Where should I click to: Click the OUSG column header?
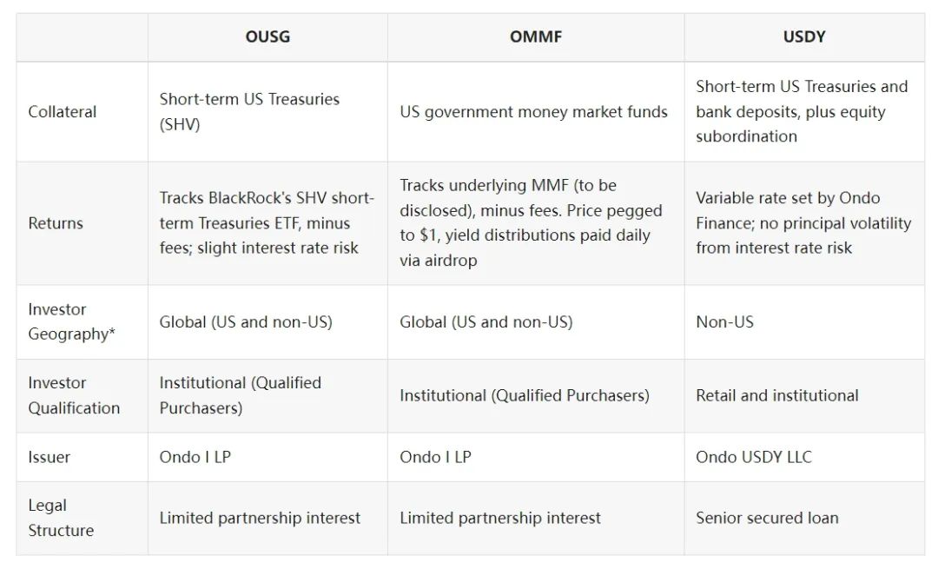coord(268,36)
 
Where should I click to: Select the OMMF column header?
coord(535,36)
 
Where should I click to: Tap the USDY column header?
coord(803,36)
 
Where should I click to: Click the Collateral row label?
coord(63,112)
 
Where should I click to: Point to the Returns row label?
coord(56,223)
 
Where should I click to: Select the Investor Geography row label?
coord(70,321)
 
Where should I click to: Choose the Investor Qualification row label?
coord(74,395)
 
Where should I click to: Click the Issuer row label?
coord(50,457)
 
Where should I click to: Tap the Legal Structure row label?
coord(61,518)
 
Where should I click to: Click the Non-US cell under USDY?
coord(724,322)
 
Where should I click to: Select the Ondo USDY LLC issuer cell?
coord(753,457)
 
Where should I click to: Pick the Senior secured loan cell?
coord(767,519)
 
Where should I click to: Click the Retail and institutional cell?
coord(776,396)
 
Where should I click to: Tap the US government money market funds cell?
coord(533,112)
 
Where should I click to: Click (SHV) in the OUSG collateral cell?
coord(180,124)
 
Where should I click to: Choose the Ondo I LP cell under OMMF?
coord(435,457)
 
